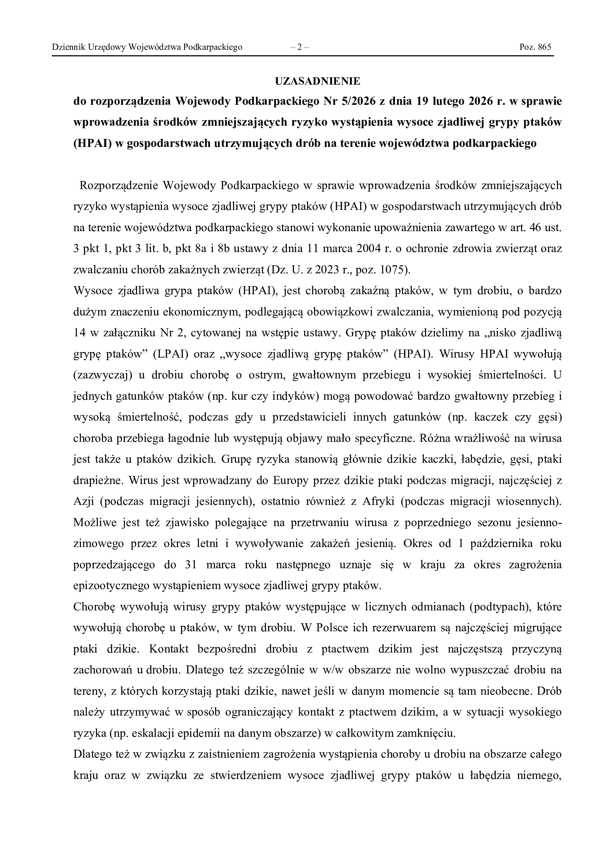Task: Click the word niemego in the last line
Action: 539,776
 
